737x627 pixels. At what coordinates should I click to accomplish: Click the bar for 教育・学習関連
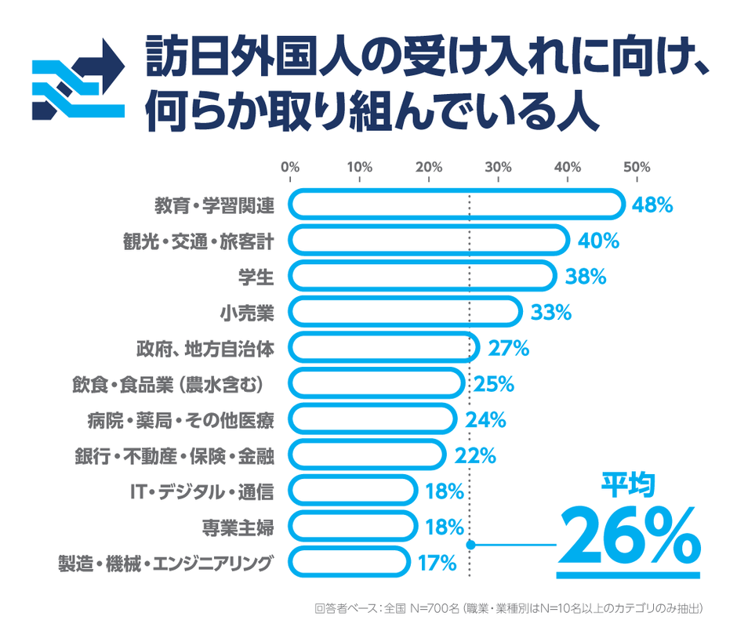click(456, 205)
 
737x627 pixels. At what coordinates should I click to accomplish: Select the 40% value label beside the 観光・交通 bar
click(598, 241)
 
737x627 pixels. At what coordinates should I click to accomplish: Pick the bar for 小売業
click(405, 312)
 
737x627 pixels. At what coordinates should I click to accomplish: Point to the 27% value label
click(508, 348)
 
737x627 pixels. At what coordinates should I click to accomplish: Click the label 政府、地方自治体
click(205, 348)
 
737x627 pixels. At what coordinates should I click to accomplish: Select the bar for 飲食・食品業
click(376, 383)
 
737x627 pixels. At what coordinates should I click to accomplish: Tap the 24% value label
click(485, 419)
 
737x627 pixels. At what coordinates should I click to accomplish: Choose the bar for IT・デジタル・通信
click(352, 491)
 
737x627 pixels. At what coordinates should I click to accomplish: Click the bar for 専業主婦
click(352, 526)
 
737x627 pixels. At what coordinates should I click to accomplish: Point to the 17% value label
click(437, 562)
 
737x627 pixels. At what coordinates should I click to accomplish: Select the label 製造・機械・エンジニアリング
click(166, 562)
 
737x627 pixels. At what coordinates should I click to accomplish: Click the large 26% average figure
click(627, 535)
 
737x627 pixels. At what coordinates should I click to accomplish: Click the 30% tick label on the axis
click(498, 167)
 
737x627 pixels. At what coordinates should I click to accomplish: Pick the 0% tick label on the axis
click(290, 167)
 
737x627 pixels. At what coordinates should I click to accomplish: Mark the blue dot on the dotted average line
click(470, 544)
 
